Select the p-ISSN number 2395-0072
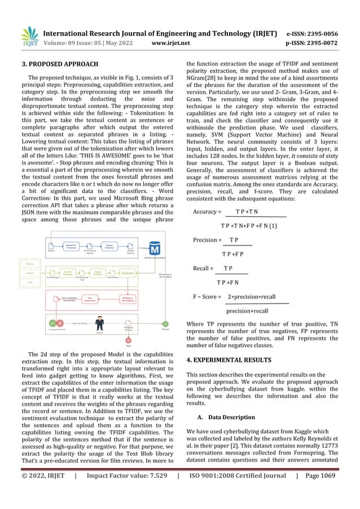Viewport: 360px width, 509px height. click(x=320, y=42)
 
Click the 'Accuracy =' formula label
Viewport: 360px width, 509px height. click(x=207, y=212)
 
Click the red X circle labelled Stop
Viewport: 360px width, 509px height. click(x=129, y=340)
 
